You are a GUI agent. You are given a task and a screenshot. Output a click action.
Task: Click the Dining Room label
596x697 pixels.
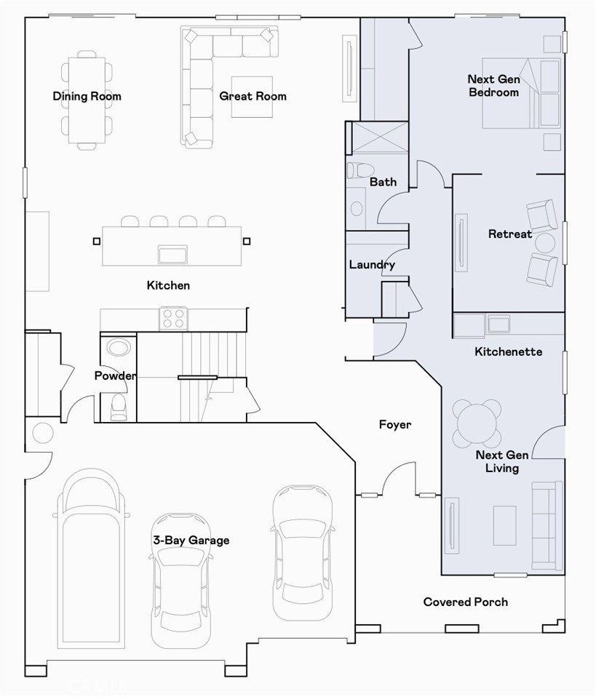(87, 96)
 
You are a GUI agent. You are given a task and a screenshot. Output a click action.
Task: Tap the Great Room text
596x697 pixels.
(253, 96)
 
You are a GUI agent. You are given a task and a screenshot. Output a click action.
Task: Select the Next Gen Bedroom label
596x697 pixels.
(493, 86)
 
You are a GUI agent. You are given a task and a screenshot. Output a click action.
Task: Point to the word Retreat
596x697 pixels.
(509, 234)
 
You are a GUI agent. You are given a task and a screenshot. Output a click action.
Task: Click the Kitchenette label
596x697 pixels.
(508, 351)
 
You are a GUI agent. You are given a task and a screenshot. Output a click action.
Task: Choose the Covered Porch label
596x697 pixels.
(466, 602)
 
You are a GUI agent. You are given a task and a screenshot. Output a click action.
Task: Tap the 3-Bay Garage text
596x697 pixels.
(191, 540)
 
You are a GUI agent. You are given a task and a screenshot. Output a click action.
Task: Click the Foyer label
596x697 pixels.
(395, 424)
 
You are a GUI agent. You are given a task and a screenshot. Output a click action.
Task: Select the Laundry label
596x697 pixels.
(371, 265)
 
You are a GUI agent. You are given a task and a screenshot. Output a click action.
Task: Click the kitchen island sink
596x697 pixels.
(172, 254)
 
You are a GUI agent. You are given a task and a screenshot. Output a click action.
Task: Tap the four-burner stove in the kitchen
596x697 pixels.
(174, 319)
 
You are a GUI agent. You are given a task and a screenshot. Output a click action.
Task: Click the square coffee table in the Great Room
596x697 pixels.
(252, 96)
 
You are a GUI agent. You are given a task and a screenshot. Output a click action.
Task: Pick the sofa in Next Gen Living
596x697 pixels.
(546, 525)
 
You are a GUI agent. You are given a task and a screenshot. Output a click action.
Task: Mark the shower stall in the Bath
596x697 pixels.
(378, 138)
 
